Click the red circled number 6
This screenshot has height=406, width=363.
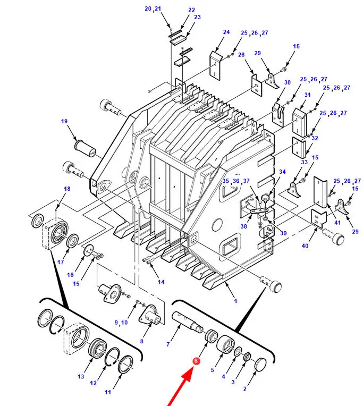click(196, 361)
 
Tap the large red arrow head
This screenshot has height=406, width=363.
click(187, 377)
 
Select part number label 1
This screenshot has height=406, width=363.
click(235, 301)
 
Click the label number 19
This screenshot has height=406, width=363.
click(64, 121)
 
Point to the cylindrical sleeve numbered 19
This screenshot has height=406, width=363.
click(85, 148)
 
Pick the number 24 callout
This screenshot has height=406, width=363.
click(226, 32)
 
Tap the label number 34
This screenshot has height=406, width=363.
click(282, 172)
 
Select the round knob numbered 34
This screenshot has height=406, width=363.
click(265, 198)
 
